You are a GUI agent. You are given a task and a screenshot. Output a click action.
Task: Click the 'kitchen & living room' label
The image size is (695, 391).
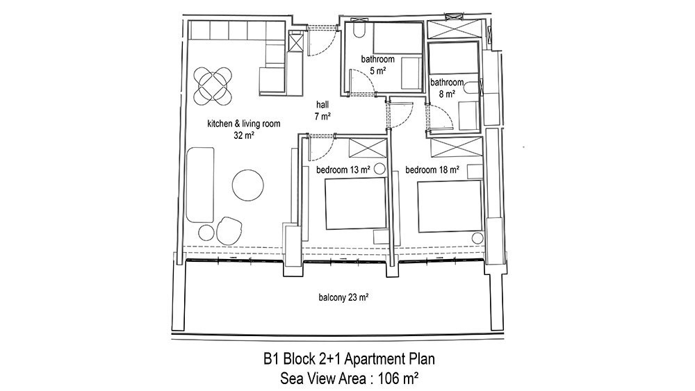[x=244, y=124]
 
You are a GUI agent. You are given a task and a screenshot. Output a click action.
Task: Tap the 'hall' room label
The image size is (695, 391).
[x=322, y=105]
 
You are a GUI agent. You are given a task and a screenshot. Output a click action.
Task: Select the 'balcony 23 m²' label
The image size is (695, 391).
[x=343, y=297]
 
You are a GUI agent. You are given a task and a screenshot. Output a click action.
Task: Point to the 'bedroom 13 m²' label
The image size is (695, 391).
[x=343, y=169]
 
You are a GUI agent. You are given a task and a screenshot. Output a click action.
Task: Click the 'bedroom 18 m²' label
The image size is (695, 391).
[x=432, y=169]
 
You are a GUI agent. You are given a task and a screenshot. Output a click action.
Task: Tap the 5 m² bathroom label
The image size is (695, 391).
[x=377, y=65]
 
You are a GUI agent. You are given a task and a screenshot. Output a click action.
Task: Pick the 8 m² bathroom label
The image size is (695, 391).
[x=447, y=88]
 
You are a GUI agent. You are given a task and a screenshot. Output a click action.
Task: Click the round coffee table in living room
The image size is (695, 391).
[x=248, y=185]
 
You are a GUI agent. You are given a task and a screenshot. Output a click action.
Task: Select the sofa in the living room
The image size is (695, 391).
[x=200, y=185]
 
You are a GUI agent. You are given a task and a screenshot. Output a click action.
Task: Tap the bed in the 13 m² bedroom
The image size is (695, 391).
[x=355, y=203]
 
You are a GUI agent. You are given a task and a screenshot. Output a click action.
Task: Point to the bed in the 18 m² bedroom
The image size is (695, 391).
[x=450, y=206]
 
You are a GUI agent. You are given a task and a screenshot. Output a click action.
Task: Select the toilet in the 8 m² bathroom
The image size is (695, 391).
[x=473, y=88]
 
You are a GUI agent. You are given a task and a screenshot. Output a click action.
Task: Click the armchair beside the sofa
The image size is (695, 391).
[x=229, y=230]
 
